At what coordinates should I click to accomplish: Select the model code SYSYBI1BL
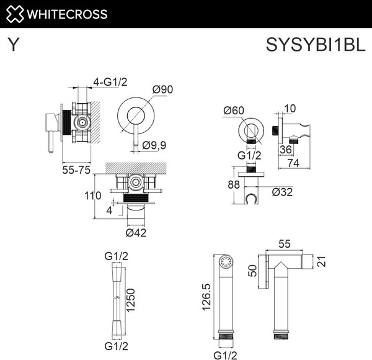(313, 45)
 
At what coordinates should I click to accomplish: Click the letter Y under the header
(12, 45)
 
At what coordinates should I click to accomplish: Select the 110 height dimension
(92, 196)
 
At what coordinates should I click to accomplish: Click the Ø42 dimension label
(136, 233)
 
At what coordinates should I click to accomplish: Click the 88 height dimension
(233, 184)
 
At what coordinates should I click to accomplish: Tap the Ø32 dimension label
(283, 192)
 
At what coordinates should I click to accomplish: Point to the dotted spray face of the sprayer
(226, 262)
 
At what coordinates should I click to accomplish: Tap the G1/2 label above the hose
(116, 255)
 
